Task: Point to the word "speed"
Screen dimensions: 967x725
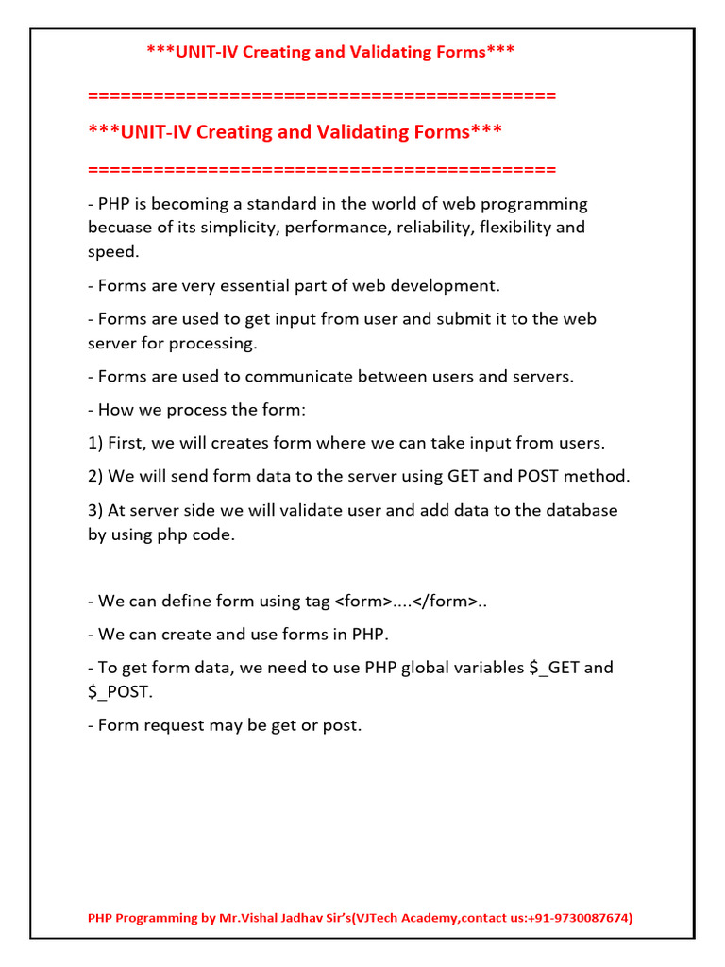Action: (x=111, y=251)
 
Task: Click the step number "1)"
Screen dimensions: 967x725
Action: (x=95, y=443)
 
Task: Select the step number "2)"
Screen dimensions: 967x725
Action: (x=95, y=476)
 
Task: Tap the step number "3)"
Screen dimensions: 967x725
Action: (x=95, y=510)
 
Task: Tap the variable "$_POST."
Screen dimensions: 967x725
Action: (x=119, y=691)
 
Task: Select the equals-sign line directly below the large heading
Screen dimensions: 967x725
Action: (x=321, y=170)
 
